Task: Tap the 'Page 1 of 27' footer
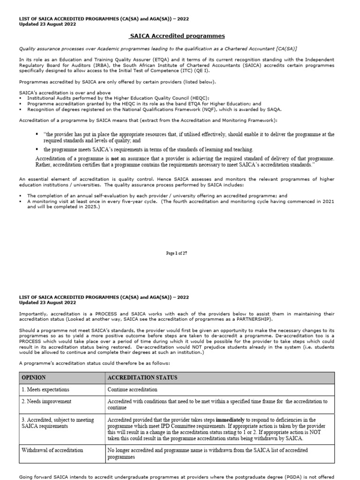pyautogui.click(x=177, y=253)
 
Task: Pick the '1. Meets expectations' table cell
pyautogui.click(x=45, y=390)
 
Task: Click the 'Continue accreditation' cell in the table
pyautogui.click(x=133, y=390)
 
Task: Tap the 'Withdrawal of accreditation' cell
pyautogui.click(x=52, y=450)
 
